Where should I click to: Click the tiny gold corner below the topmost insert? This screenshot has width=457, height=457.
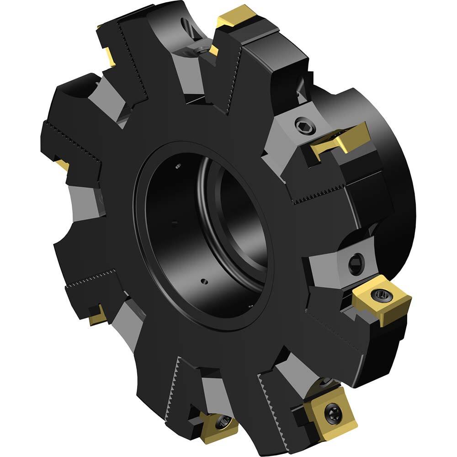coord(213,51)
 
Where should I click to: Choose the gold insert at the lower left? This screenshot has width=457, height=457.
coord(97,314)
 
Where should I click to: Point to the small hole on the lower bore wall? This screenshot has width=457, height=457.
coord(205,282)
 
